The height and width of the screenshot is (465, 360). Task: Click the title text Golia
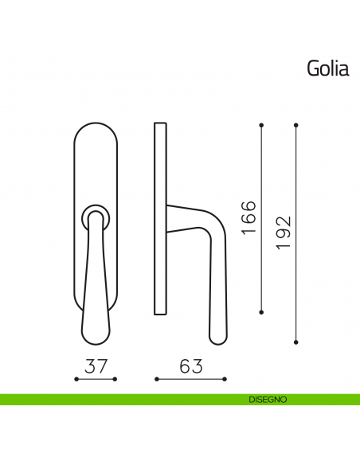coord(327,69)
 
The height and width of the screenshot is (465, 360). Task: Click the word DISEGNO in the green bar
coord(261,399)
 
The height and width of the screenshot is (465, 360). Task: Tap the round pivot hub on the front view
coord(96,214)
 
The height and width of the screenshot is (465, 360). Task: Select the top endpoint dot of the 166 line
coord(262,125)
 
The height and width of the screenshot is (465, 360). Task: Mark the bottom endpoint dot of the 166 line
coord(262,310)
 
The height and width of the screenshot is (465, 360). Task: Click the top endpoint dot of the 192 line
coord(296,125)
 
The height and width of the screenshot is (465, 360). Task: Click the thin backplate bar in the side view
coord(160,218)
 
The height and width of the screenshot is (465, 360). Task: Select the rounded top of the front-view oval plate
coord(96,126)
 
